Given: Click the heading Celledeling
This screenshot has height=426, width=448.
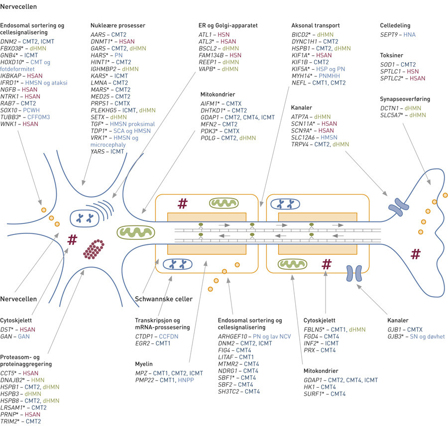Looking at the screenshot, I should [x=397, y=25].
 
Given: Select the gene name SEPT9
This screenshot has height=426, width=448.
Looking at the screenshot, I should [x=389, y=35].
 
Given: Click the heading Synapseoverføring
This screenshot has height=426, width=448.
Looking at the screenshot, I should [x=405, y=99].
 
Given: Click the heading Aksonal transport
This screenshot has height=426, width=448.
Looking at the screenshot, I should [x=316, y=25].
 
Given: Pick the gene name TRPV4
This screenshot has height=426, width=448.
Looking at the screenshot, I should [x=302, y=144].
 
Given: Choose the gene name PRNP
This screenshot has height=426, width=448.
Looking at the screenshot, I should [x=11, y=414].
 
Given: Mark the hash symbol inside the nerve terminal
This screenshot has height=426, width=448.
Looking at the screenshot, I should [x=415, y=254].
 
